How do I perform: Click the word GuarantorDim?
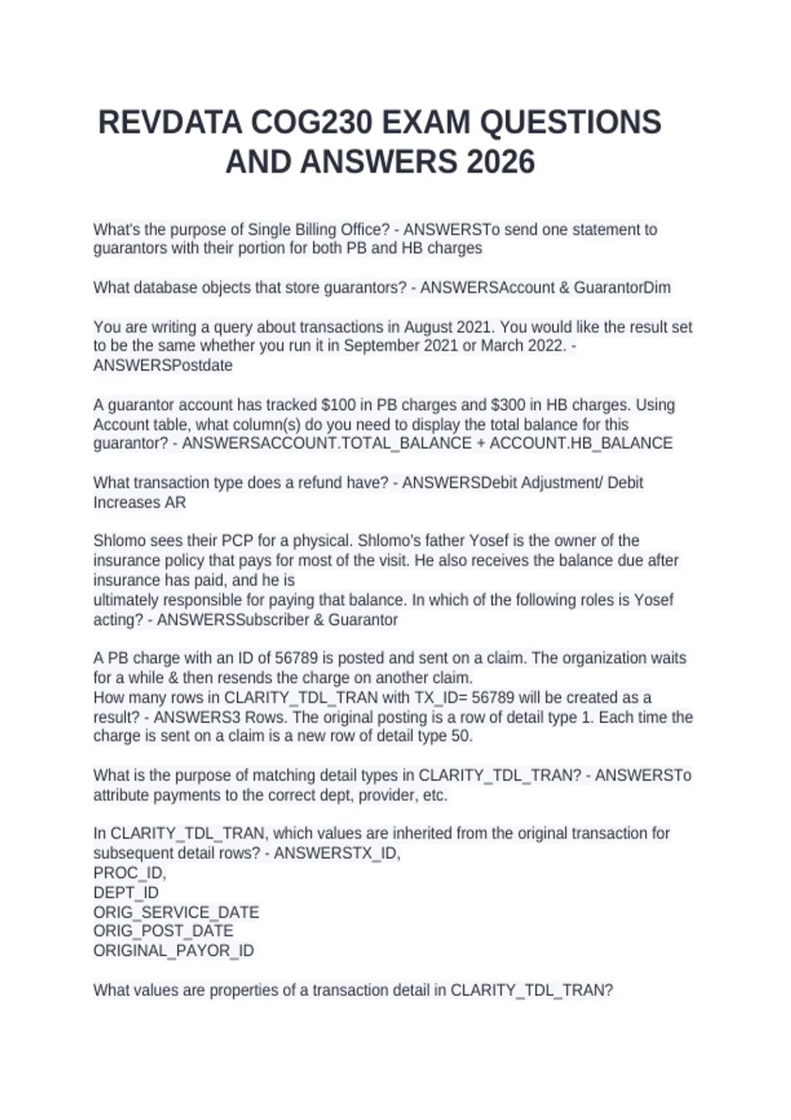(622, 288)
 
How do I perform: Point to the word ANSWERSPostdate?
(163, 366)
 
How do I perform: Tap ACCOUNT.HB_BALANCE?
(581, 443)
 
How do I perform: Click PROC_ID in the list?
(130, 873)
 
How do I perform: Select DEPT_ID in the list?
(126, 893)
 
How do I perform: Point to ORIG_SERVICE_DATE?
(176, 912)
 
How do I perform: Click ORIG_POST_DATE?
(163, 931)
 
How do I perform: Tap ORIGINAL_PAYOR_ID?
(173, 951)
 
